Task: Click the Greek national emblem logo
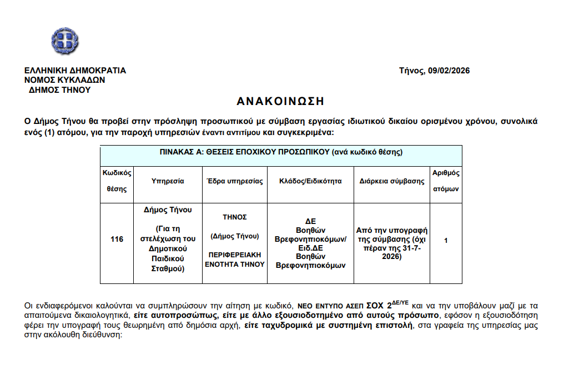65,41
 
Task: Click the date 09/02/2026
449,71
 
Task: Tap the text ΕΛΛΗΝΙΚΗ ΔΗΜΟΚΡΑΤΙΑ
75,71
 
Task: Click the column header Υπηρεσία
167,181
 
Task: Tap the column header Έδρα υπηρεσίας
235,181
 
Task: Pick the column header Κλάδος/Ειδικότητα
310,181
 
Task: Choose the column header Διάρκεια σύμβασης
392,181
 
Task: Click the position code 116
117,240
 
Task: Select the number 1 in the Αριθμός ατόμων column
446,240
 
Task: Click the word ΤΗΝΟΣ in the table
235,217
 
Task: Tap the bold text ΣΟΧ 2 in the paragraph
378,306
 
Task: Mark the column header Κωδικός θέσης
117,181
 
